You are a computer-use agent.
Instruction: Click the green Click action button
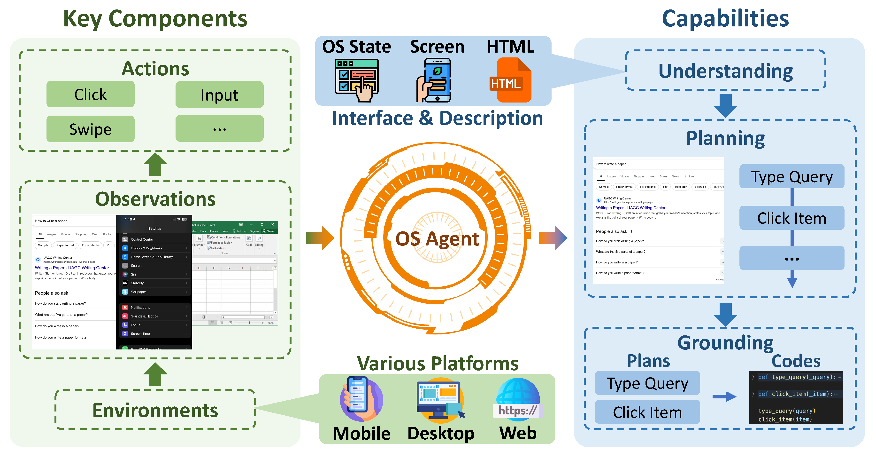91,94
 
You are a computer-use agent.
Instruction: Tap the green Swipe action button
91,129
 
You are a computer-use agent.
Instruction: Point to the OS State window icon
357,80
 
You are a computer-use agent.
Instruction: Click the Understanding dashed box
725,71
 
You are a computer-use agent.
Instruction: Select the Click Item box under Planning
792,218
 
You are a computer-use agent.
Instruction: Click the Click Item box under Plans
647,412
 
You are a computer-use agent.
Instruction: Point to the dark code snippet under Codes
796,398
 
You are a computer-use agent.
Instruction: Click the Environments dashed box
155,410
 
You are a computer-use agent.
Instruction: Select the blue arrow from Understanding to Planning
725,105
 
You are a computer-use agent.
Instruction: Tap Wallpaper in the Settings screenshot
138,292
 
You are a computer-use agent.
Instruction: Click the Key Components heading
155,18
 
